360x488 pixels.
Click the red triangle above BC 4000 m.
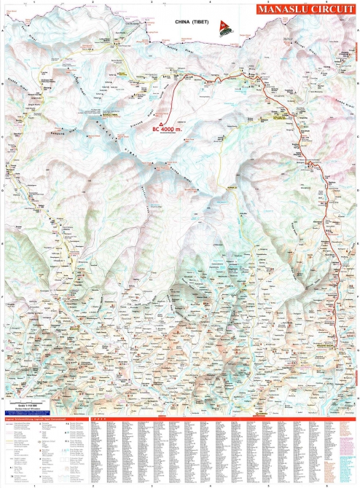(x=153, y=125)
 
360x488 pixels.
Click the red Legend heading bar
(x=44, y=418)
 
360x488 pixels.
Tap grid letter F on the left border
(x=2, y=297)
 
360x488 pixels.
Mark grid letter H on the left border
(x=2, y=397)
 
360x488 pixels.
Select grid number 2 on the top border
(x=93, y=3)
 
